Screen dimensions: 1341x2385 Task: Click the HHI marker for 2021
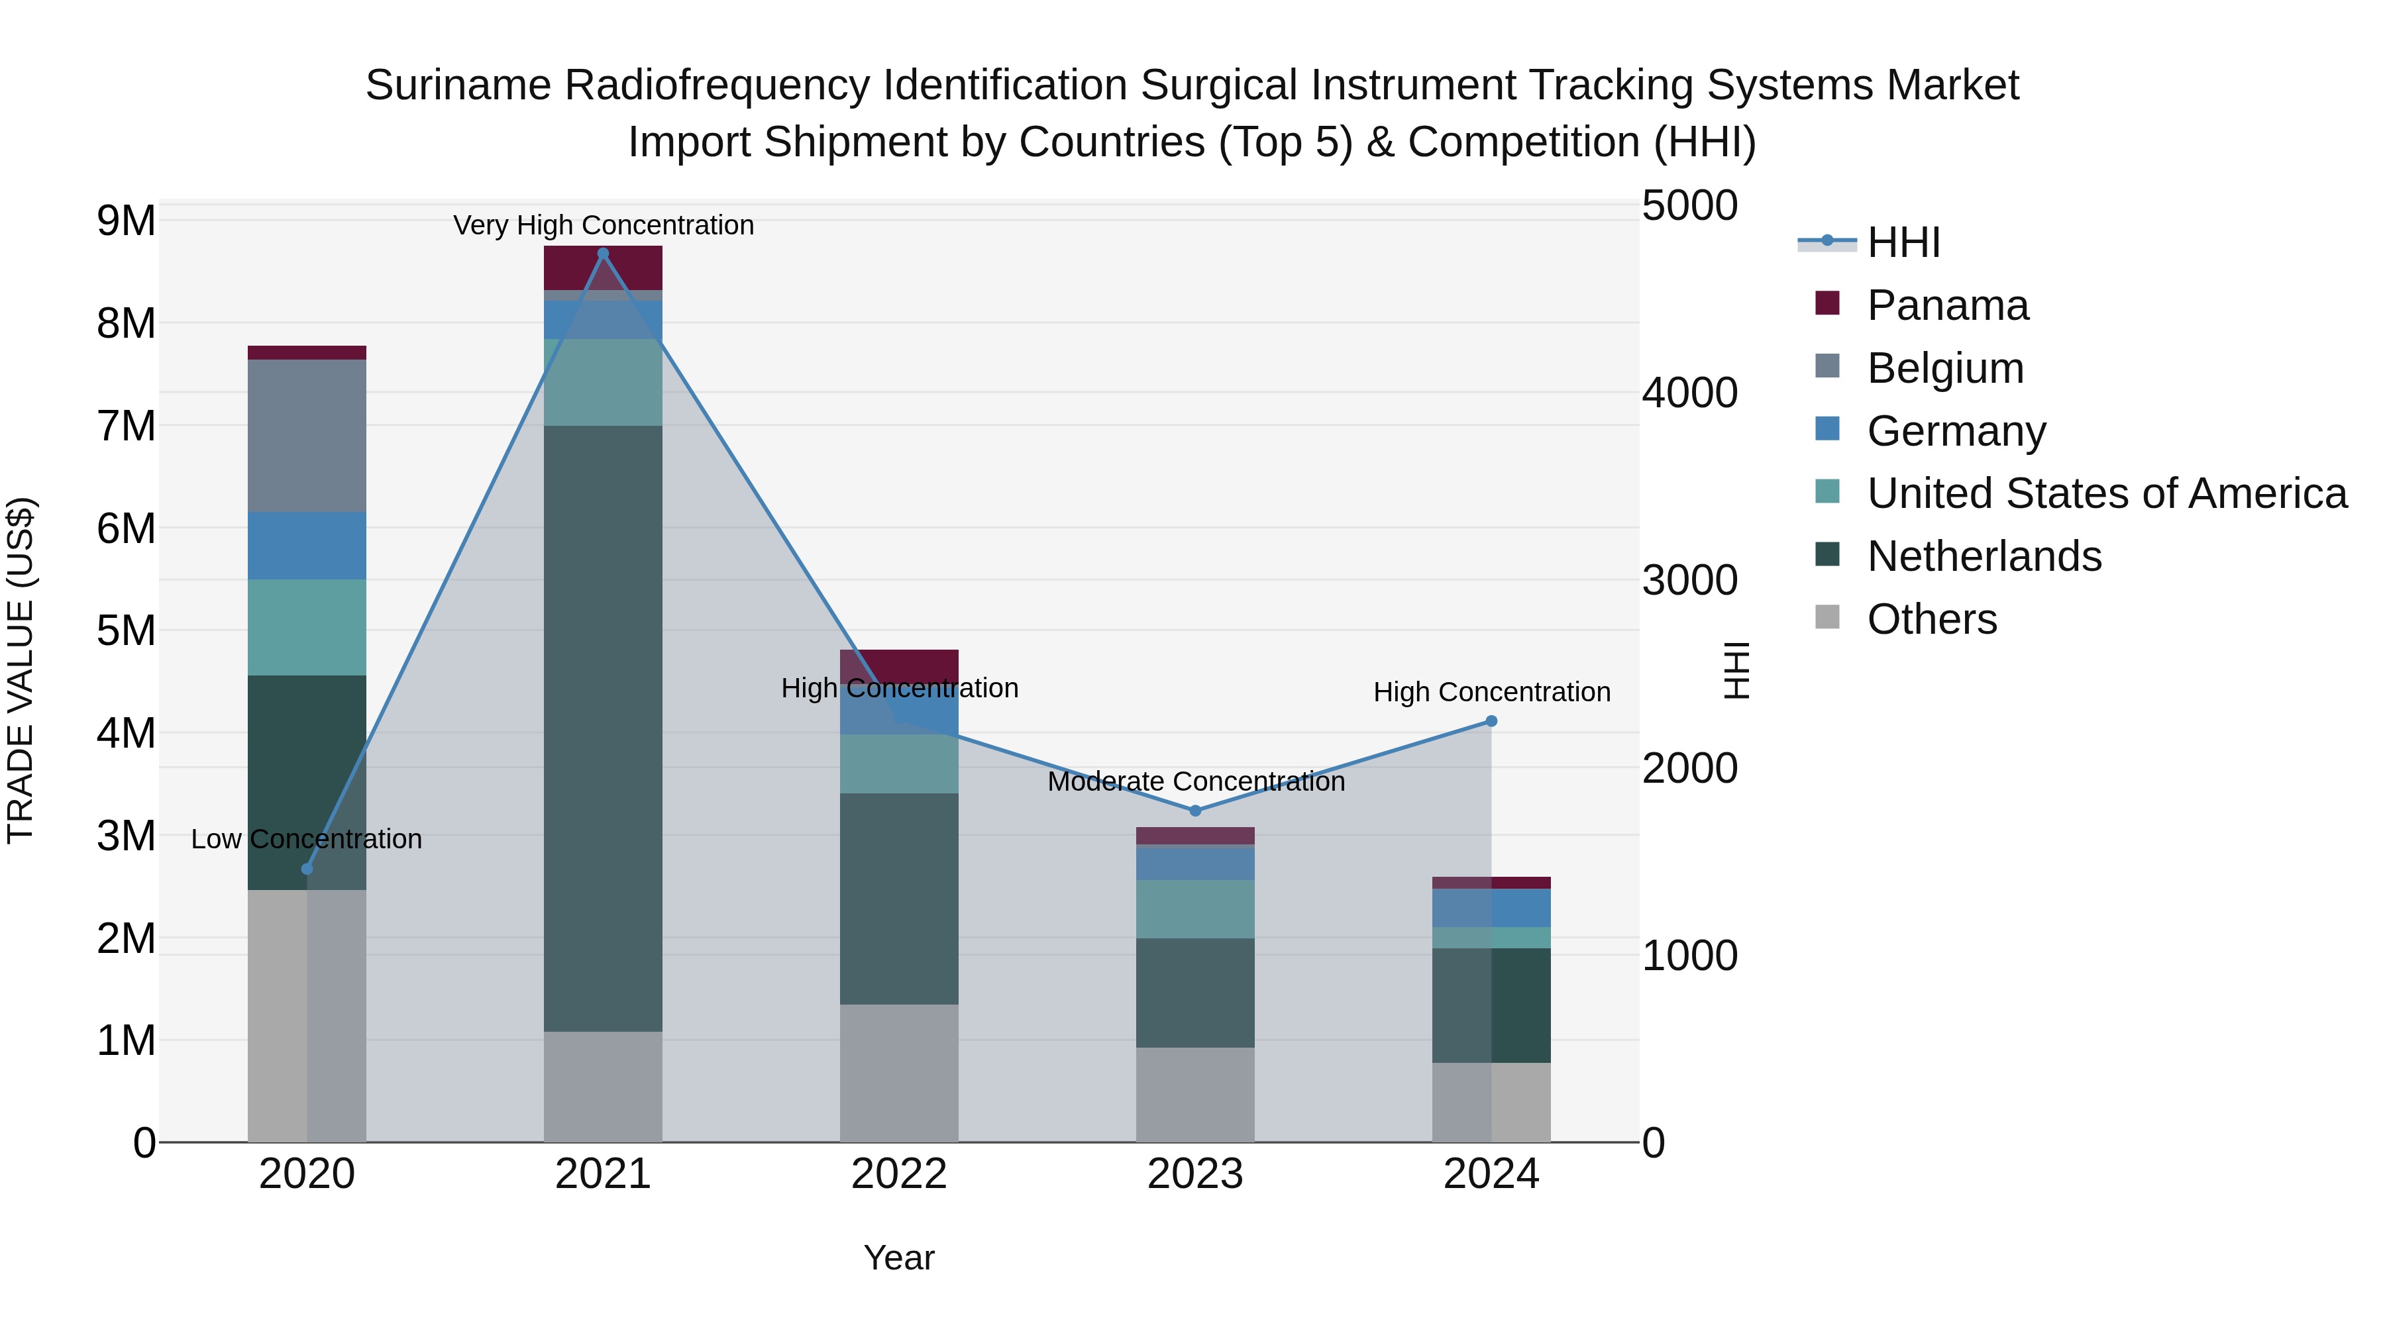click(603, 254)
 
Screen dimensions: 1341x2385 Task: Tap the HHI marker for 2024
click(1491, 721)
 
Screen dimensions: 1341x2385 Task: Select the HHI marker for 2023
click(1194, 811)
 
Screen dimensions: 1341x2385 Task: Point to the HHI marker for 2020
click(307, 869)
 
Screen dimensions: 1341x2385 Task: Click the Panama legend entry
click(1947, 305)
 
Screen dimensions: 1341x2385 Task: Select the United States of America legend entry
click(2106, 493)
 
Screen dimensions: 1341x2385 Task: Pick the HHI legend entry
click(1903, 242)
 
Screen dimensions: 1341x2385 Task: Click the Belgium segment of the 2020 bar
click(307, 435)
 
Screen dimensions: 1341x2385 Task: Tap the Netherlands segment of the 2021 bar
click(603, 728)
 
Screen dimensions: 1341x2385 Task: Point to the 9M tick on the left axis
click(126, 221)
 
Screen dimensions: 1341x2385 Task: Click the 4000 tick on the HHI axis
click(1689, 393)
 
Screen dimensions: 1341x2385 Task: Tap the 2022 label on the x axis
click(899, 1174)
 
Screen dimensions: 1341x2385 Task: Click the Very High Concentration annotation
click(603, 225)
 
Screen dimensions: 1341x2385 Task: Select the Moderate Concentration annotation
click(1195, 781)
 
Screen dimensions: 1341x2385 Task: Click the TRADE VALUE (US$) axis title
click(21, 670)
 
